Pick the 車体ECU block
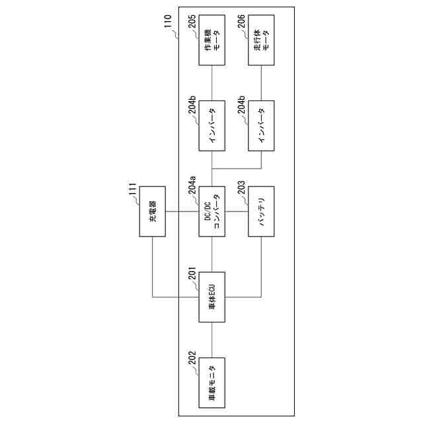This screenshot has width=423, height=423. coord(211,297)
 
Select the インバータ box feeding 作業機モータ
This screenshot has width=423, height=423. coord(211,126)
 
